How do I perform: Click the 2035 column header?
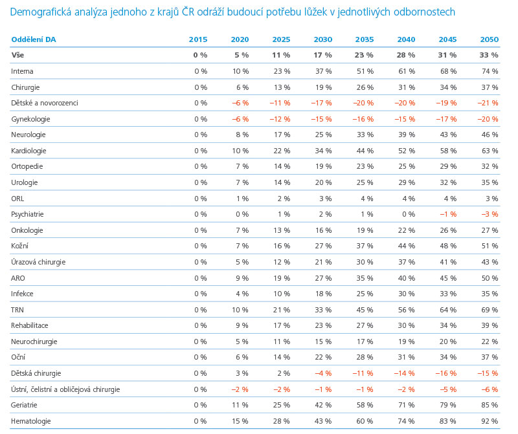point(365,39)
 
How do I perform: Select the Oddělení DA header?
point(34,39)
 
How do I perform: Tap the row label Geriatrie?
point(24,405)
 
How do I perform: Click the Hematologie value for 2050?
point(490,421)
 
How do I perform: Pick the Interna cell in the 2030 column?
point(323,71)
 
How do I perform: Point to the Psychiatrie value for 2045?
point(448,214)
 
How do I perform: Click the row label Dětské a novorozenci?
point(45,103)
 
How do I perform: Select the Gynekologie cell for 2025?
point(280,119)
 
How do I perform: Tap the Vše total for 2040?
point(406,55)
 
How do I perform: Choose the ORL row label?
point(17,199)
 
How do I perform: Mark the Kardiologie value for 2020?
point(240,151)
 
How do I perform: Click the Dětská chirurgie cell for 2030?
point(323,373)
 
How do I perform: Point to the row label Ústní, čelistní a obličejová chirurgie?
point(65,389)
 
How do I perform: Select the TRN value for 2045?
point(448,310)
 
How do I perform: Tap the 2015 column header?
point(198,39)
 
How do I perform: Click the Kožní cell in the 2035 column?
point(365,246)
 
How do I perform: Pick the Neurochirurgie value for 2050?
point(490,342)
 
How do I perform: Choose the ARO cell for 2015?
point(201,278)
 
